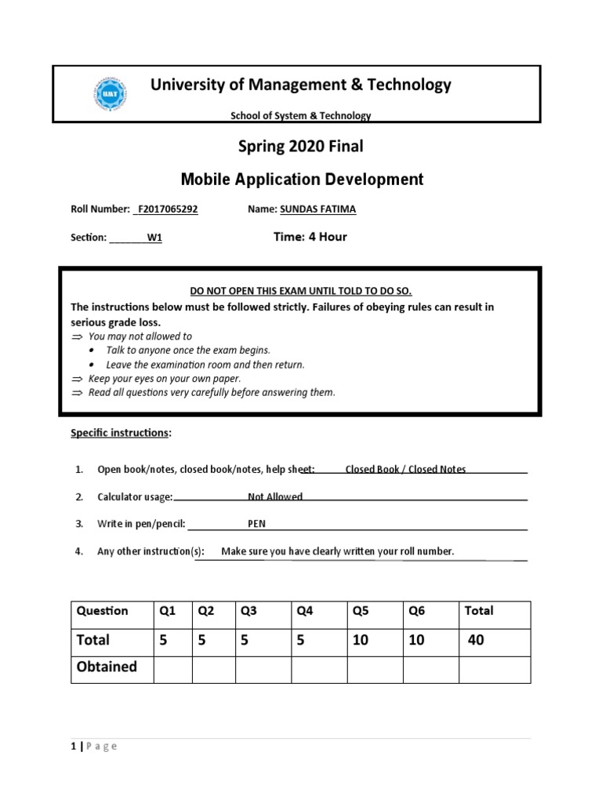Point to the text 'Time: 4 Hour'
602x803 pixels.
coord(310,237)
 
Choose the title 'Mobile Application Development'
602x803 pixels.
coord(302,180)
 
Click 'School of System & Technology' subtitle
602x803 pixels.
coord(300,116)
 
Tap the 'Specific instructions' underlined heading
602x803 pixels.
coord(120,433)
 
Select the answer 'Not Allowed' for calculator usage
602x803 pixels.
coord(275,496)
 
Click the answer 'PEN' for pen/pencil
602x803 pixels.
coord(257,524)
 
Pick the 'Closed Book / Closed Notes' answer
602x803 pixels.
coord(405,469)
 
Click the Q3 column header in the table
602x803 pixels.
coord(249,611)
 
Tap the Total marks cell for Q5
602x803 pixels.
coord(361,640)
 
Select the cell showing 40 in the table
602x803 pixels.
coord(476,640)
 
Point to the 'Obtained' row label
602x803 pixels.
coord(107,667)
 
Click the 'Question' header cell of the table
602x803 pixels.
coord(102,611)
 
